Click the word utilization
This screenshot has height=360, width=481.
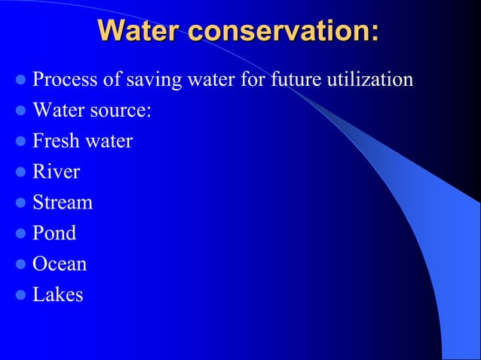tap(369, 79)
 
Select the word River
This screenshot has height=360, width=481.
tap(56, 172)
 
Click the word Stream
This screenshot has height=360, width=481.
tap(63, 203)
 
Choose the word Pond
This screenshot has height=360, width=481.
tap(54, 233)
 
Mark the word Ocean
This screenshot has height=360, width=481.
tap(60, 264)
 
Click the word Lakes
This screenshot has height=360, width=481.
tap(58, 294)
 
